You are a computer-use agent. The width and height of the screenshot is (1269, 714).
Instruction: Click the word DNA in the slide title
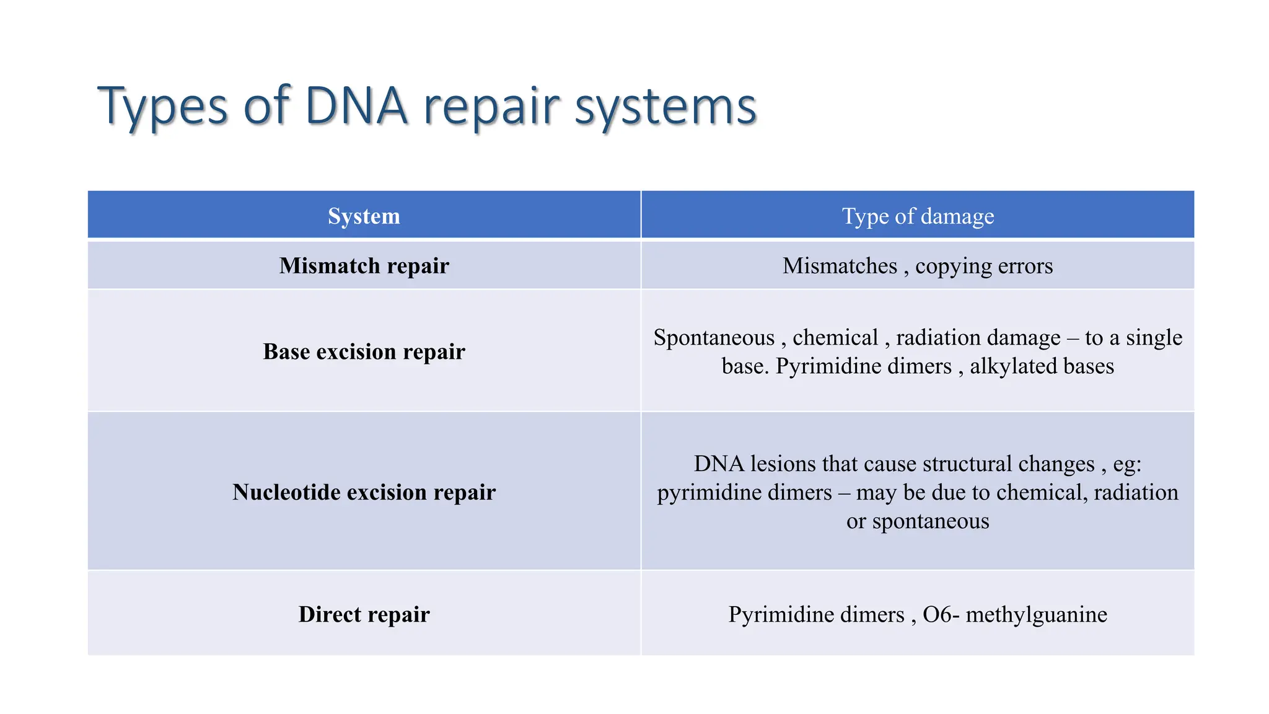pyautogui.click(x=356, y=106)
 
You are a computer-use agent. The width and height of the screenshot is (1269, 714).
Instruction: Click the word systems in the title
pyautogui.click(x=665, y=106)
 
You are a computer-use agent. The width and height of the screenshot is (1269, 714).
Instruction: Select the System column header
pyautogui.click(x=364, y=216)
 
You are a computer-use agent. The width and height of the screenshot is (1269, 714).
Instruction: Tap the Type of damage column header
pyautogui.click(x=918, y=216)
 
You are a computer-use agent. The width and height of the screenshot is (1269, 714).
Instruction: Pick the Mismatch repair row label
pyautogui.click(x=364, y=266)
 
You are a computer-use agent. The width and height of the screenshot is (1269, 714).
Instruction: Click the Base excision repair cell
pyautogui.click(x=364, y=351)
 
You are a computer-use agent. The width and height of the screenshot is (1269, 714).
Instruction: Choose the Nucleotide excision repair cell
pyautogui.click(x=364, y=492)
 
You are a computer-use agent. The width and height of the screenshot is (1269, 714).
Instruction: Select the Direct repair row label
pyautogui.click(x=364, y=614)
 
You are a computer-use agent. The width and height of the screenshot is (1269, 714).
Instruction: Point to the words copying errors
pyautogui.click(x=984, y=266)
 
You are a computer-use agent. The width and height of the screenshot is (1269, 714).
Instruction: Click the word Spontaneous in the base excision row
pyautogui.click(x=714, y=338)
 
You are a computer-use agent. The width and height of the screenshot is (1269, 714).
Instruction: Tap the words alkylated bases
pyautogui.click(x=1042, y=366)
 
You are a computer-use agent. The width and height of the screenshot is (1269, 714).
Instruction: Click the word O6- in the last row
pyautogui.click(x=941, y=614)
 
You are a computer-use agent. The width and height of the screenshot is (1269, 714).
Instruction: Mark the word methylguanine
pyautogui.click(x=1036, y=614)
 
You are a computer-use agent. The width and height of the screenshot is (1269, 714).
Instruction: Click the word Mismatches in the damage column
pyautogui.click(x=840, y=266)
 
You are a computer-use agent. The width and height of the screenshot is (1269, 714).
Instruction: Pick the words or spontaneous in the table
pyautogui.click(x=918, y=521)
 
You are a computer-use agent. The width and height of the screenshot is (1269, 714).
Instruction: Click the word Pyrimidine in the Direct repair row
pyautogui.click(x=816, y=614)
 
